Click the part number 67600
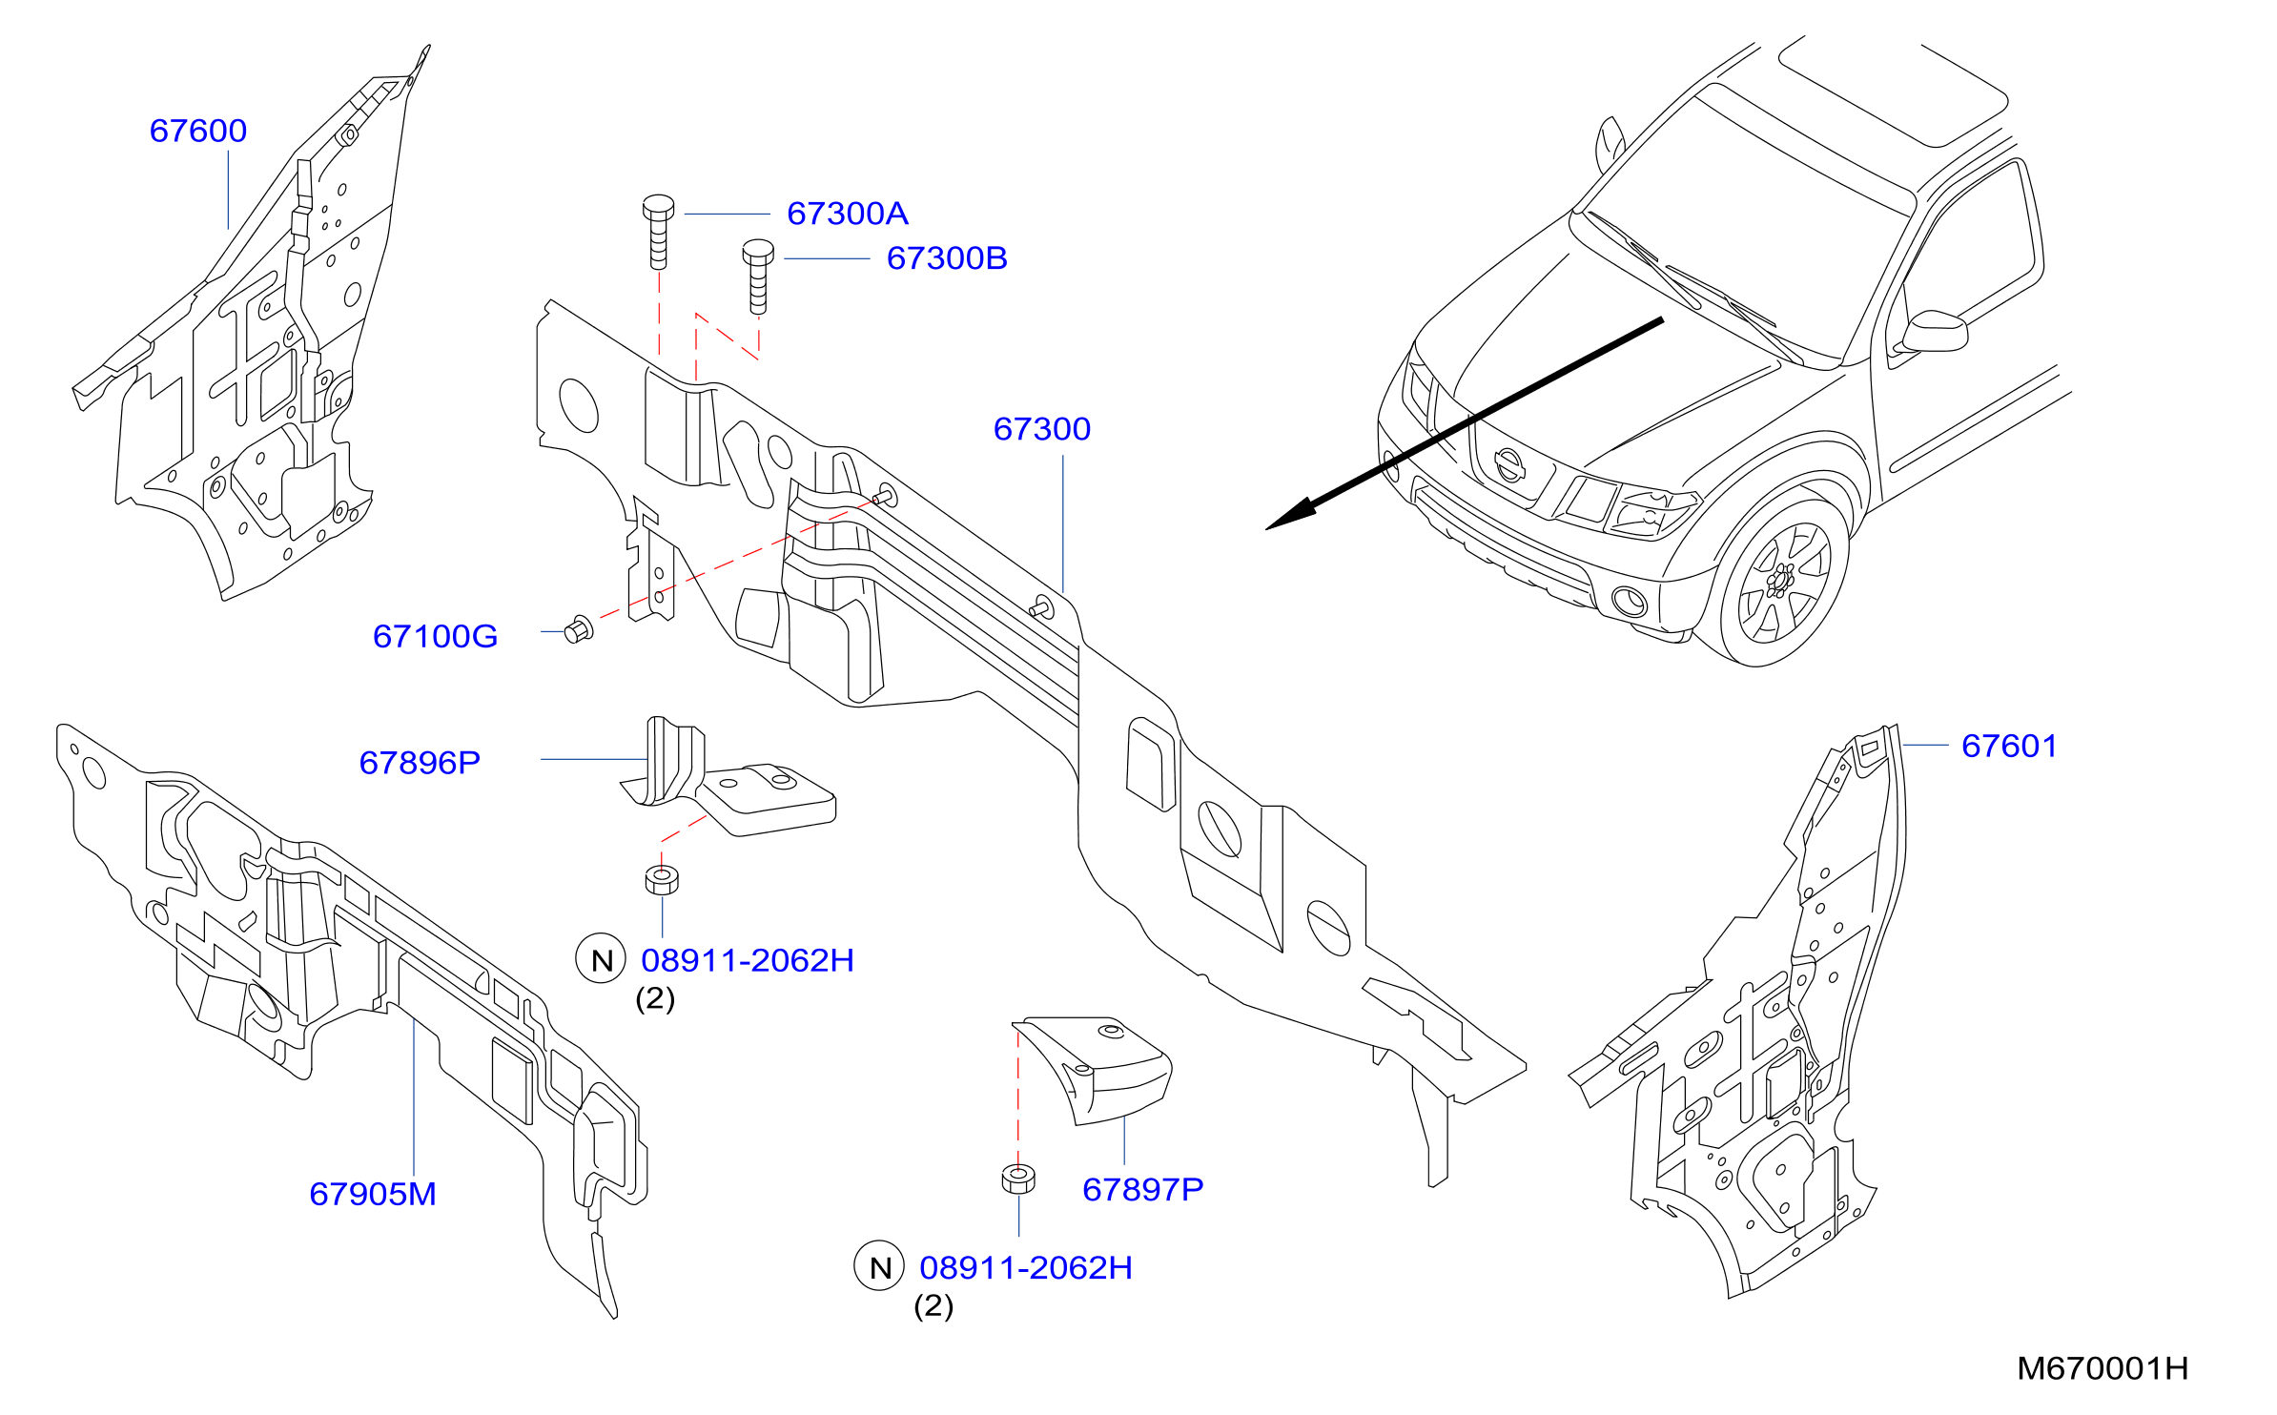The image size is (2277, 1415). click(x=198, y=131)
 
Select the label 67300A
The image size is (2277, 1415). click(x=848, y=214)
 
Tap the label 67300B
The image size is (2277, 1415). click(x=947, y=258)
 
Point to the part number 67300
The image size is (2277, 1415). click(x=1042, y=429)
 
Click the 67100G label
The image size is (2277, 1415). click(x=436, y=636)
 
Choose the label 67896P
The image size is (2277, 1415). click(x=420, y=763)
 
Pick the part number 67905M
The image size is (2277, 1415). click(x=373, y=1194)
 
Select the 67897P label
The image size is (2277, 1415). click(x=1143, y=1189)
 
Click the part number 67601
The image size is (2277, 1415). click(x=2010, y=746)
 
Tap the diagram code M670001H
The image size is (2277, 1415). click(x=2103, y=1368)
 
